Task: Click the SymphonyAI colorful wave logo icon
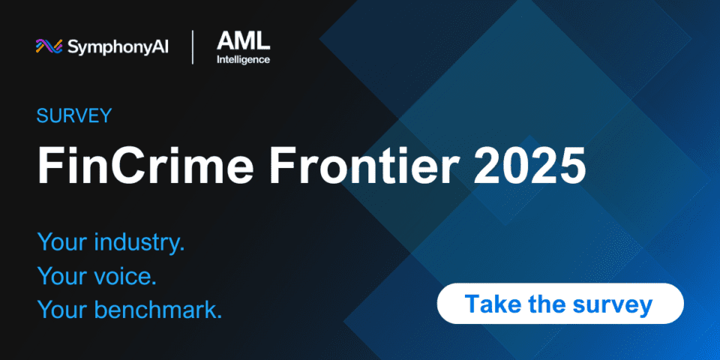coord(49,46)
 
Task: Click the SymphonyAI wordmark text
coord(118,46)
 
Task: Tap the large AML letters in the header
coord(243,41)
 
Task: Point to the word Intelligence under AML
coord(243,60)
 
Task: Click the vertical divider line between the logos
coord(193,46)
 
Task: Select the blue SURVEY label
coord(74,115)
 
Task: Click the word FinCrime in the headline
coord(145,165)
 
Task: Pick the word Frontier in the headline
coord(363,165)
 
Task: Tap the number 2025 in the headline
coord(529,165)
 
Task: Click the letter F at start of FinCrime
coord(49,165)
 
